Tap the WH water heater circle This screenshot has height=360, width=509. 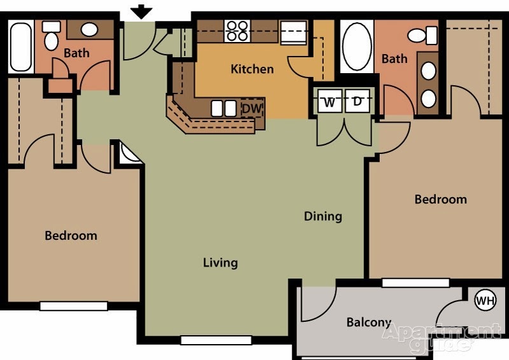click(x=485, y=300)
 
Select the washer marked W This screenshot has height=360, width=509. click(x=330, y=102)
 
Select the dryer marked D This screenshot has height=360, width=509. click(x=358, y=102)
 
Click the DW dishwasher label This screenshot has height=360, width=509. click(x=252, y=109)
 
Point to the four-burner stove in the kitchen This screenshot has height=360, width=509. click(x=237, y=31)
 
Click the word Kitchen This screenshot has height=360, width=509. click(x=252, y=69)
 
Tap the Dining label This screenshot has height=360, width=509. click(x=323, y=216)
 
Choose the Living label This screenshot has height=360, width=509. click(x=220, y=262)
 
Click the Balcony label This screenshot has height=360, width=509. click(x=368, y=322)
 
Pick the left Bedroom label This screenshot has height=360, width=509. click(x=71, y=235)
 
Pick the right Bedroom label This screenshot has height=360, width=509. click(x=440, y=199)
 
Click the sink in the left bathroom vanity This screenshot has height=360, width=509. click(x=90, y=29)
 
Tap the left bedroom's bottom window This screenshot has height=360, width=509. click(x=74, y=306)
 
